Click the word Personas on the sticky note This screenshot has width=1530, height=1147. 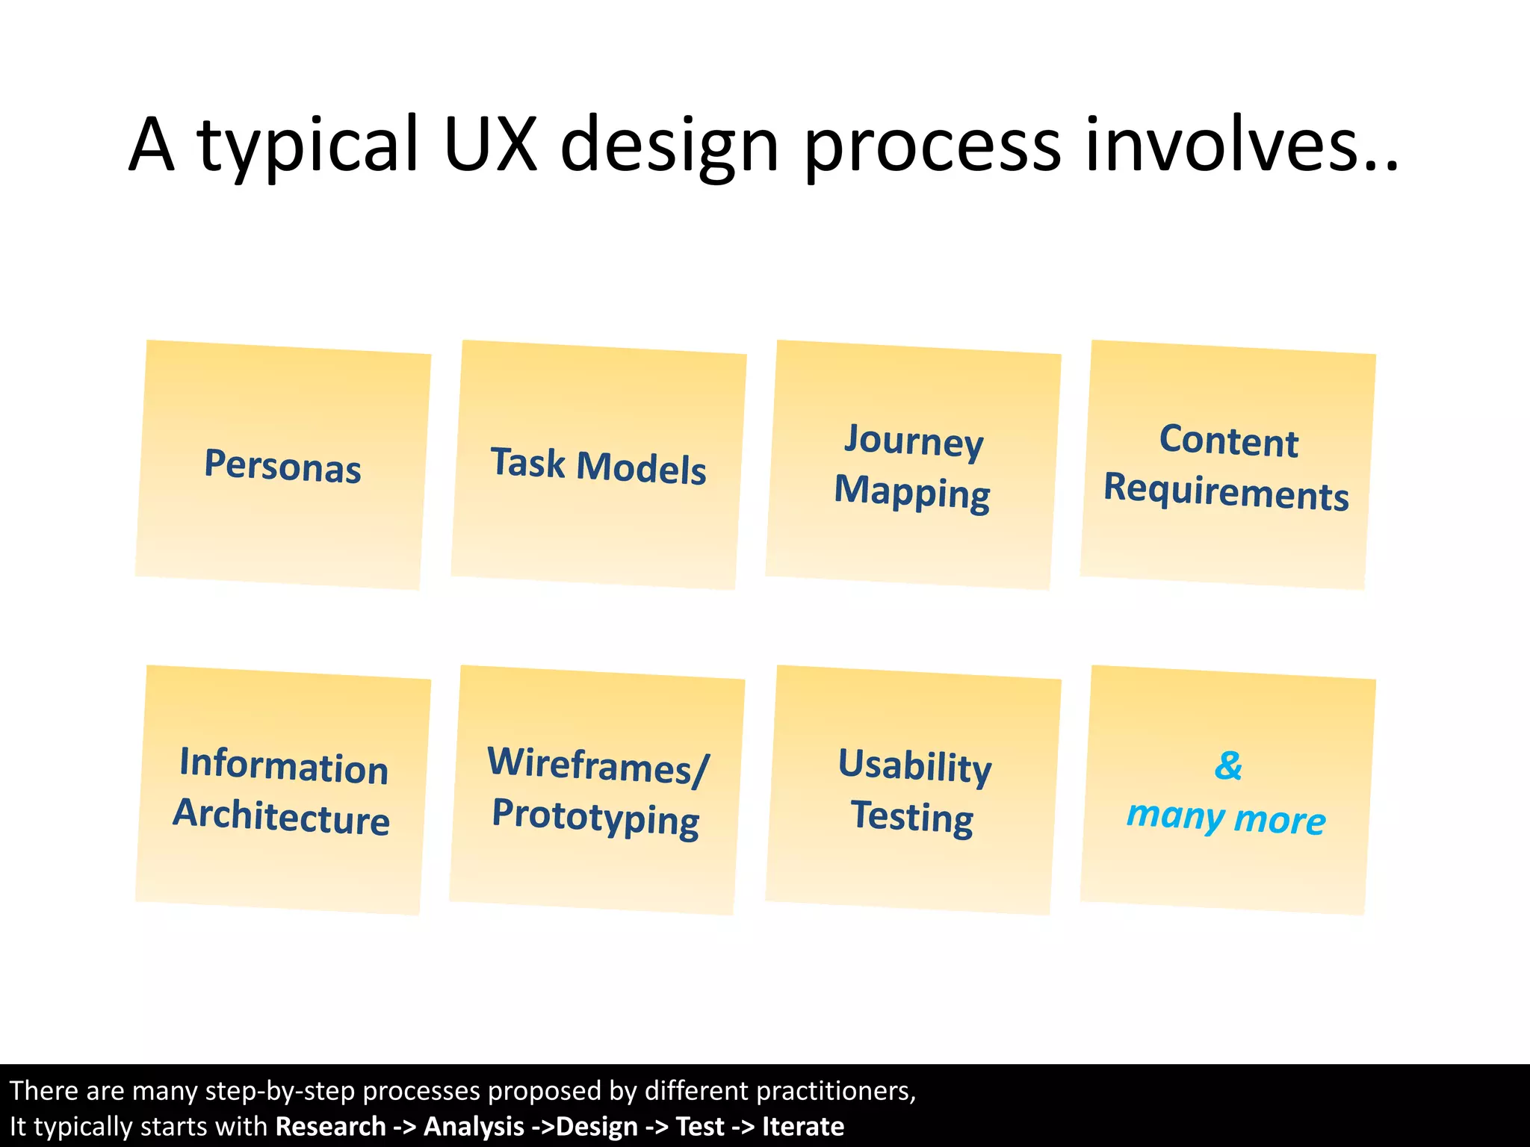(282, 466)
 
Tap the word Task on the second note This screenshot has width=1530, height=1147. (527, 462)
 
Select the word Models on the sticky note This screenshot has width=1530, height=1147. (641, 469)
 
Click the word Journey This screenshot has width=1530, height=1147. (914, 441)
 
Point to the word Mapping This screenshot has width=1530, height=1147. (912, 492)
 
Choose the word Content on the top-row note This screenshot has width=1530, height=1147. (1229, 441)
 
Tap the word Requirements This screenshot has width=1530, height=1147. (1226, 492)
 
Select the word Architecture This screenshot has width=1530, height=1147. (282, 816)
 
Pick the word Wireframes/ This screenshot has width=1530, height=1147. (598, 765)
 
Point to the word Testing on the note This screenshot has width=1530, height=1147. (912, 816)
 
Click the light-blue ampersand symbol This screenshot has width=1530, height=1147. (1228, 765)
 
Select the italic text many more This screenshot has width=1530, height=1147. (1226, 818)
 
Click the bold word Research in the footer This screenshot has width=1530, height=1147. (330, 1126)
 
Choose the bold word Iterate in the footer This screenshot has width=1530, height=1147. (803, 1126)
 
